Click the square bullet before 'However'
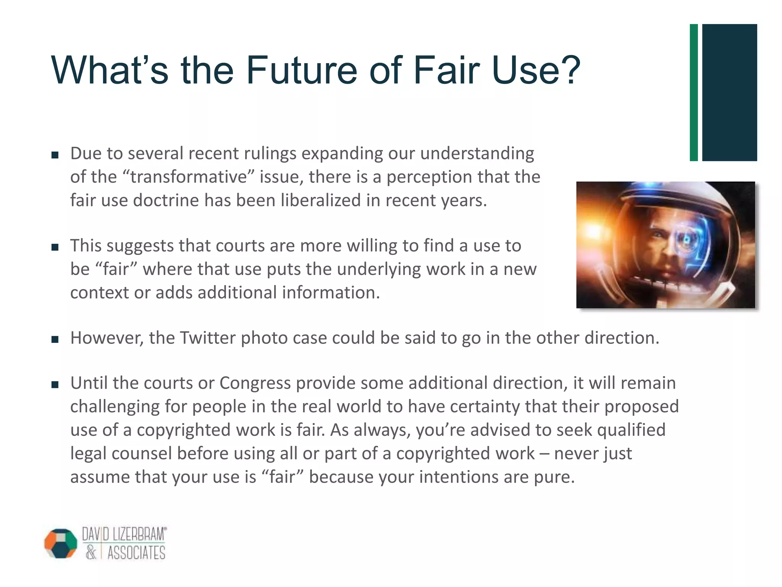pos(55,339)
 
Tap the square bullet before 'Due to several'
pos(55,155)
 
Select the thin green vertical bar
pos(694,92)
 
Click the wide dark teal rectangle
pos(729,92)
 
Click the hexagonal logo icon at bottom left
pos(61,543)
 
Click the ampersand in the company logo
pos(91,553)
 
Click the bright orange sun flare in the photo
pos(594,231)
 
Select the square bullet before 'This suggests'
pos(55,247)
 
